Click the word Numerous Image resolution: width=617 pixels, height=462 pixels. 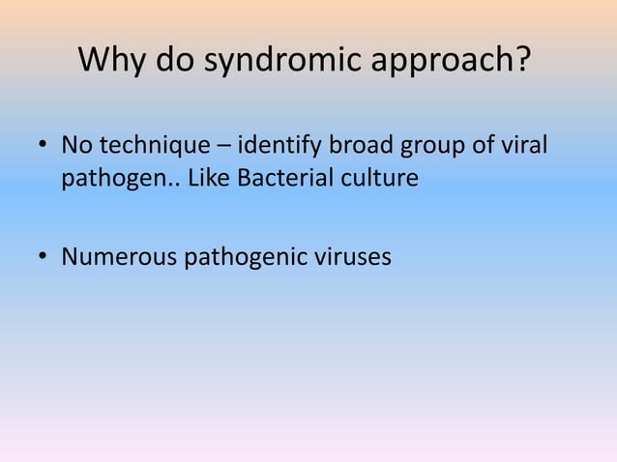(x=117, y=257)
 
